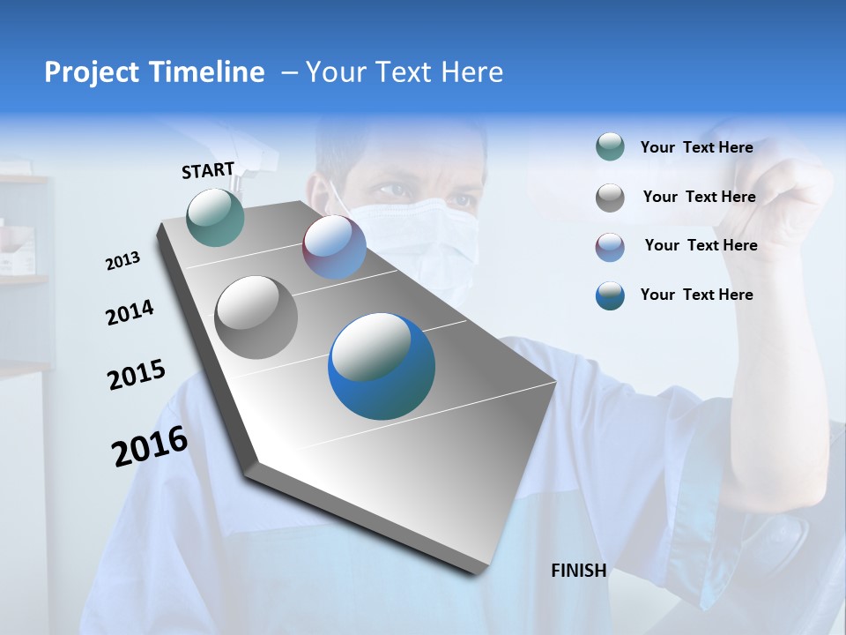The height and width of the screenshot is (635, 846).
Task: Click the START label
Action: [x=208, y=170]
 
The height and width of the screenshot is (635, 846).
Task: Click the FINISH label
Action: [x=578, y=571]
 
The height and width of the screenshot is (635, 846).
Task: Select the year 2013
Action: [x=122, y=261]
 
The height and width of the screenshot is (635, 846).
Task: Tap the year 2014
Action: [x=130, y=313]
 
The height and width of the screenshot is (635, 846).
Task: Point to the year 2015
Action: [x=136, y=375]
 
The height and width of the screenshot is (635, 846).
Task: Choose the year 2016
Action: [x=150, y=446]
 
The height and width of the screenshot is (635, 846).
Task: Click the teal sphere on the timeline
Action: [x=216, y=217]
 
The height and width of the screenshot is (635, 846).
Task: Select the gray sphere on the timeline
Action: [x=256, y=317]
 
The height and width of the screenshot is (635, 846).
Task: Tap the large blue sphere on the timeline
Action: [x=382, y=366]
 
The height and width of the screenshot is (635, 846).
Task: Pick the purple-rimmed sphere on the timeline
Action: [x=334, y=247]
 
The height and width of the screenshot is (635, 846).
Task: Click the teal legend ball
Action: [x=610, y=147]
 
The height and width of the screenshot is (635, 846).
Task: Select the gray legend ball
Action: [x=610, y=198]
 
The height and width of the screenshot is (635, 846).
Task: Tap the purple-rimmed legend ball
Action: [x=610, y=246]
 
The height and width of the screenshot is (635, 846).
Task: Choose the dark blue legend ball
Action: [x=610, y=295]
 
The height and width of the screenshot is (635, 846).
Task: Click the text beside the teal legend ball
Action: [x=696, y=148]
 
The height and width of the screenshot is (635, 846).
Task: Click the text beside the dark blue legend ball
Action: [x=696, y=295]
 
